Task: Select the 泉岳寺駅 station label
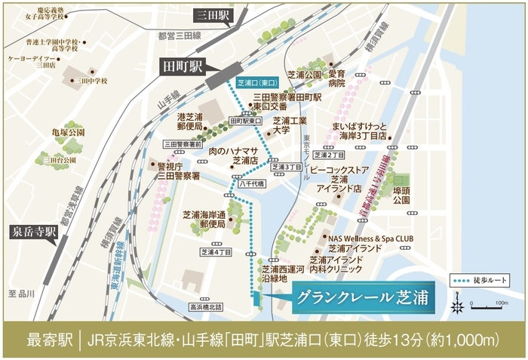(x=32, y=230)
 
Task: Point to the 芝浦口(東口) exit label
(x=258, y=82)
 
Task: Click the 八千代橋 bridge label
(x=250, y=183)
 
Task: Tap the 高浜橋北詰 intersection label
(x=205, y=307)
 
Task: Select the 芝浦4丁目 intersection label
(x=216, y=252)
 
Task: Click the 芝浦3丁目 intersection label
(x=286, y=167)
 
